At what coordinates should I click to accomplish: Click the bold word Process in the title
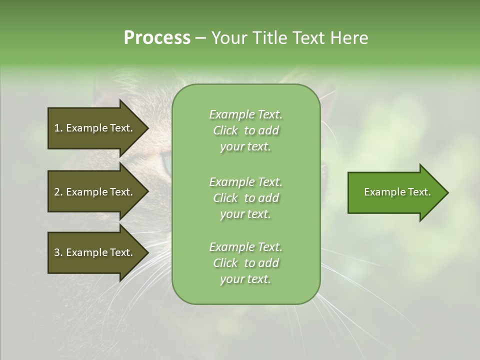pyautogui.click(x=157, y=38)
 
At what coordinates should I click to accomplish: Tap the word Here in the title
pyautogui.click(x=348, y=38)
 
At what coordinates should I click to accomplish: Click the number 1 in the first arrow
pyautogui.click(x=57, y=128)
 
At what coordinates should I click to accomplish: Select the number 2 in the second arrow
pyautogui.click(x=57, y=192)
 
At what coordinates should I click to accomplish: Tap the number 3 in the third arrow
pyautogui.click(x=57, y=252)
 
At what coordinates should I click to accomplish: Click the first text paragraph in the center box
pyautogui.click(x=245, y=130)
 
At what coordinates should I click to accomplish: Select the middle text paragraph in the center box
pyautogui.click(x=245, y=198)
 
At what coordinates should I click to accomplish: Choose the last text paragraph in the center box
pyautogui.click(x=245, y=263)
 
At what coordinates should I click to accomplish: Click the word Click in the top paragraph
pyautogui.click(x=225, y=130)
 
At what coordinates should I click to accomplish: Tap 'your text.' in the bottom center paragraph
pyautogui.click(x=245, y=279)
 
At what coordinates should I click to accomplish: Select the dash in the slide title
pyautogui.click(x=200, y=38)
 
